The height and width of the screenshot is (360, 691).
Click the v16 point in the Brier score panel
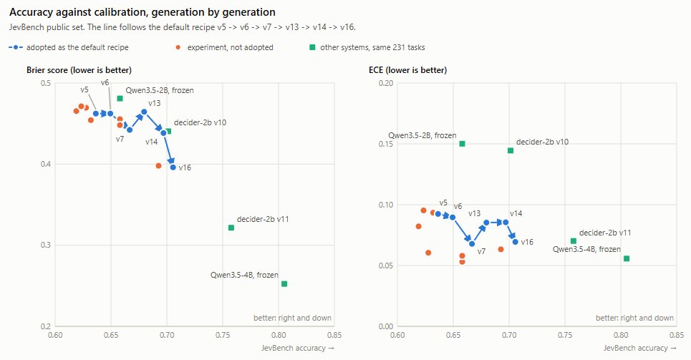[x=173, y=167]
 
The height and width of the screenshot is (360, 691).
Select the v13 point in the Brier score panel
[x=144, y=112]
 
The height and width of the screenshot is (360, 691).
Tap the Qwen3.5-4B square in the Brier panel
[x=284, y=283]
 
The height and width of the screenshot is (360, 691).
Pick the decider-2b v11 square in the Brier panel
[x=231, y=228]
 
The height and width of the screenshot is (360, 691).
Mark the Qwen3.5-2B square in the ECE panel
[x=463, y=144]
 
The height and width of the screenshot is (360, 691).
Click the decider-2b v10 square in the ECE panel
[x=511, y=151]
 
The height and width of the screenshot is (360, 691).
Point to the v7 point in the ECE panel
[x=472, y=243]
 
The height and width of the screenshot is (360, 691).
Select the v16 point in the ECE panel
[x=515, y=242]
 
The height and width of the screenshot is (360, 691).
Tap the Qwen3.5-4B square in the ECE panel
[x=627, y=258]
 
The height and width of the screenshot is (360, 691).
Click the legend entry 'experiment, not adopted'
[x=224, y=47]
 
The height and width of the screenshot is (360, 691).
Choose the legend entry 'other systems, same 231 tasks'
[x=367, y=47]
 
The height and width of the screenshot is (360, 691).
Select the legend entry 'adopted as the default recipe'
[x=69, y=47]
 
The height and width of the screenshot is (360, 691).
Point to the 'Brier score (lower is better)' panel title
[x=79, y=70]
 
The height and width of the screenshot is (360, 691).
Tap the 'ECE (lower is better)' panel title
[x=407, y=70]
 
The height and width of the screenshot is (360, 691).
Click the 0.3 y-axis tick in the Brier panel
[x=45, y=245]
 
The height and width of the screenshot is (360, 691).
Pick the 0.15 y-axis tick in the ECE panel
[x=386, y=144]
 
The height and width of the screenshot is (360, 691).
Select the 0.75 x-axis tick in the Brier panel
[x=223, y=336]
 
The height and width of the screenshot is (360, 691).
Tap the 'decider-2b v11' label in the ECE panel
[x=605, y=233]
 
